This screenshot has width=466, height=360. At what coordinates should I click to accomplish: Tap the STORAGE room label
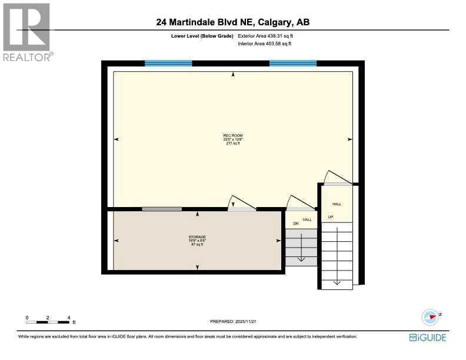pos(197,237)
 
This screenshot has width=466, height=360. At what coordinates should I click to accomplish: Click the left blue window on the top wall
pos(168,63)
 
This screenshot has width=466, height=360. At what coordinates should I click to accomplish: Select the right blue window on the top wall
pos(293,63)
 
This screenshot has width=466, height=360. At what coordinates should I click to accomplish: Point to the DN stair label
pos(296,224)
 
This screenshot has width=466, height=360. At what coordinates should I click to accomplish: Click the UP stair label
pos(331,216)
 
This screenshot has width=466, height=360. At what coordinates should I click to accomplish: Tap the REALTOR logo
pos(27,32)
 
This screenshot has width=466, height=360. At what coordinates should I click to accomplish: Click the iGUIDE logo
pos(428,337)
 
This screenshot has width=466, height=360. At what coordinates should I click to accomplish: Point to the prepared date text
pos(234,321)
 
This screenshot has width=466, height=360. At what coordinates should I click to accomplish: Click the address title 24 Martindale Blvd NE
pos(233,22)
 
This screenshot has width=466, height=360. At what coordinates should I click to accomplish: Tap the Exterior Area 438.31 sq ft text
pos(264,36)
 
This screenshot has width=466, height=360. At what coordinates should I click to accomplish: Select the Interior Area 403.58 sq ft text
pos(264,44)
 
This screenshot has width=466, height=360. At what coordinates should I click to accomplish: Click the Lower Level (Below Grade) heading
pos(202,36)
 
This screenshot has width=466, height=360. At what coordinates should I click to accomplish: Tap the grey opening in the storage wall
pos(162,209)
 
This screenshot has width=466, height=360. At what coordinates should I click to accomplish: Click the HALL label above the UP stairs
pos(337,204)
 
